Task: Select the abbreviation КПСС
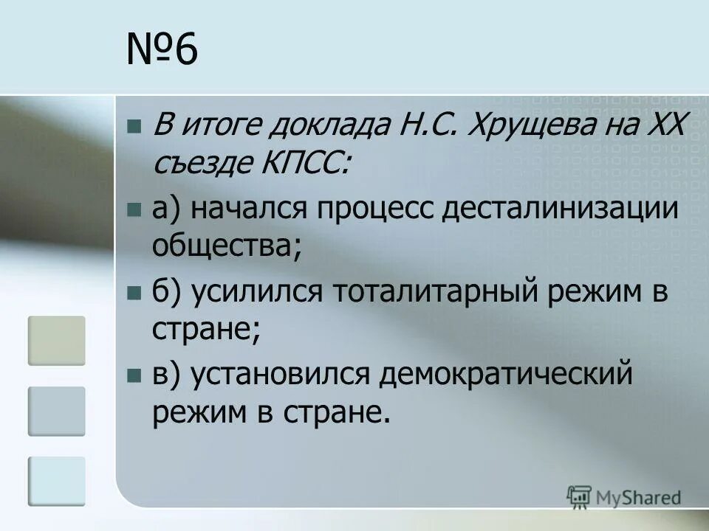(x=302, y=161)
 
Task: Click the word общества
(x=226, y=244)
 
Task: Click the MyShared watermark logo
(x=624, y=497)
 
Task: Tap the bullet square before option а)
(x=134, y=210)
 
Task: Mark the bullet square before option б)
(x=134, y=294)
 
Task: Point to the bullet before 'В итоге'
(x=134, y=126)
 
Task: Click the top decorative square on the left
(x=57, y=340)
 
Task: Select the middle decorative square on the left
(x=57, y=411)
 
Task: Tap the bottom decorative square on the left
(x=57, y=481)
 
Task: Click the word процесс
(x=377, y=209)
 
